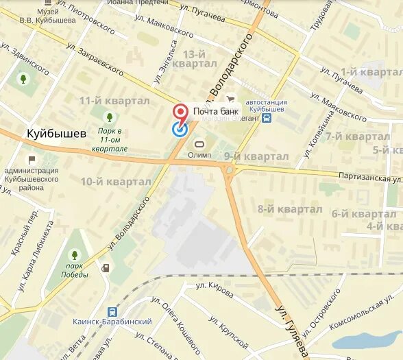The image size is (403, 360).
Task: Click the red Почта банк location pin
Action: (x=180, y=112)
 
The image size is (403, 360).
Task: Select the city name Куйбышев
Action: (x=56, y=133)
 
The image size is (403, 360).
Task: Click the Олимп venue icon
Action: (x=200, y=145)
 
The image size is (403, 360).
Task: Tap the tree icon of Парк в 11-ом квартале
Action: (x=109, y=117)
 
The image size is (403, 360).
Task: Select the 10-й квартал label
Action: (x=115, y=182)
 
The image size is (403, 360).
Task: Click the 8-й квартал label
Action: (x=289, y=208)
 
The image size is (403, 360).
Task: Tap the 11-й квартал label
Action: (x=114, y=101)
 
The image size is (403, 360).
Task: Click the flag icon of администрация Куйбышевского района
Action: (x=32, y=159)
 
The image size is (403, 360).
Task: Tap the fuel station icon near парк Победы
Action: (x=106, y=267)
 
